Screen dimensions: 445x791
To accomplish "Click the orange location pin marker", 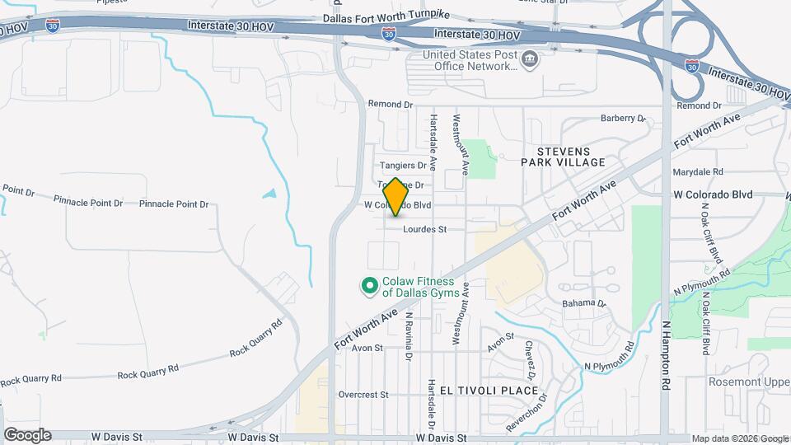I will (x=396, y=197).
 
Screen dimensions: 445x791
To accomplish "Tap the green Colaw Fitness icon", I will (x=370, y=287).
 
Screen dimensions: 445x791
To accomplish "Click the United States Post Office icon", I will (x=530, y=59).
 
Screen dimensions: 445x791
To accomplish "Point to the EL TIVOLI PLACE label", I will (x=489, y=390).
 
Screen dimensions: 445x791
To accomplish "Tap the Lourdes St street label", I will (x=424, y=230).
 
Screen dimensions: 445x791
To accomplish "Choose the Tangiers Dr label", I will (x=402, y=166).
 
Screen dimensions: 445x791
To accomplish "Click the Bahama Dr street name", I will (x=583, y=303).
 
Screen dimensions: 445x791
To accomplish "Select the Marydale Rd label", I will (x=697, y=172).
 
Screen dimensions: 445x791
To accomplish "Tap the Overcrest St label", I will (x=363, y=395).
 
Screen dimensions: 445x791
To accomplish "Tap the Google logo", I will (x=27, y=434).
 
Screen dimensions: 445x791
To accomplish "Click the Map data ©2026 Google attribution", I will (x=740, y=439).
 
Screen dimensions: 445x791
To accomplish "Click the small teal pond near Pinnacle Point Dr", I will (x=269, y=194).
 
